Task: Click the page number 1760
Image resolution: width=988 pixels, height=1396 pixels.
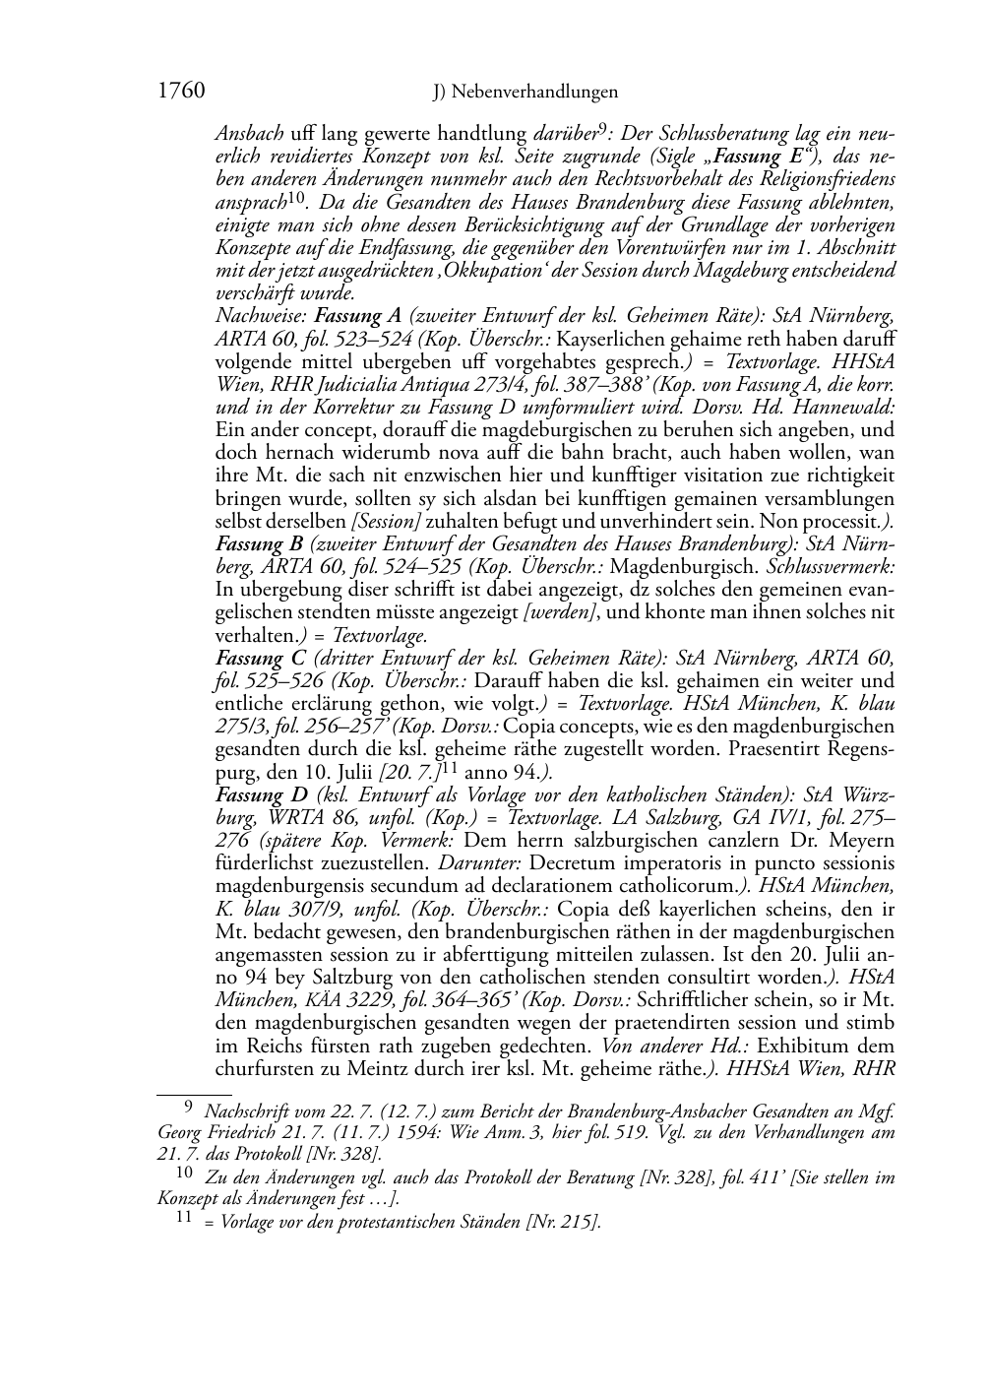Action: click(180, 92)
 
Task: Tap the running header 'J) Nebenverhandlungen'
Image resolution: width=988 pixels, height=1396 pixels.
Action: click(525, 93)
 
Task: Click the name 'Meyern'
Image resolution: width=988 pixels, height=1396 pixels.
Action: click(865, 840)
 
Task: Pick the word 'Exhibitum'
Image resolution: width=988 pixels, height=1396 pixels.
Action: click(849, 1045)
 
